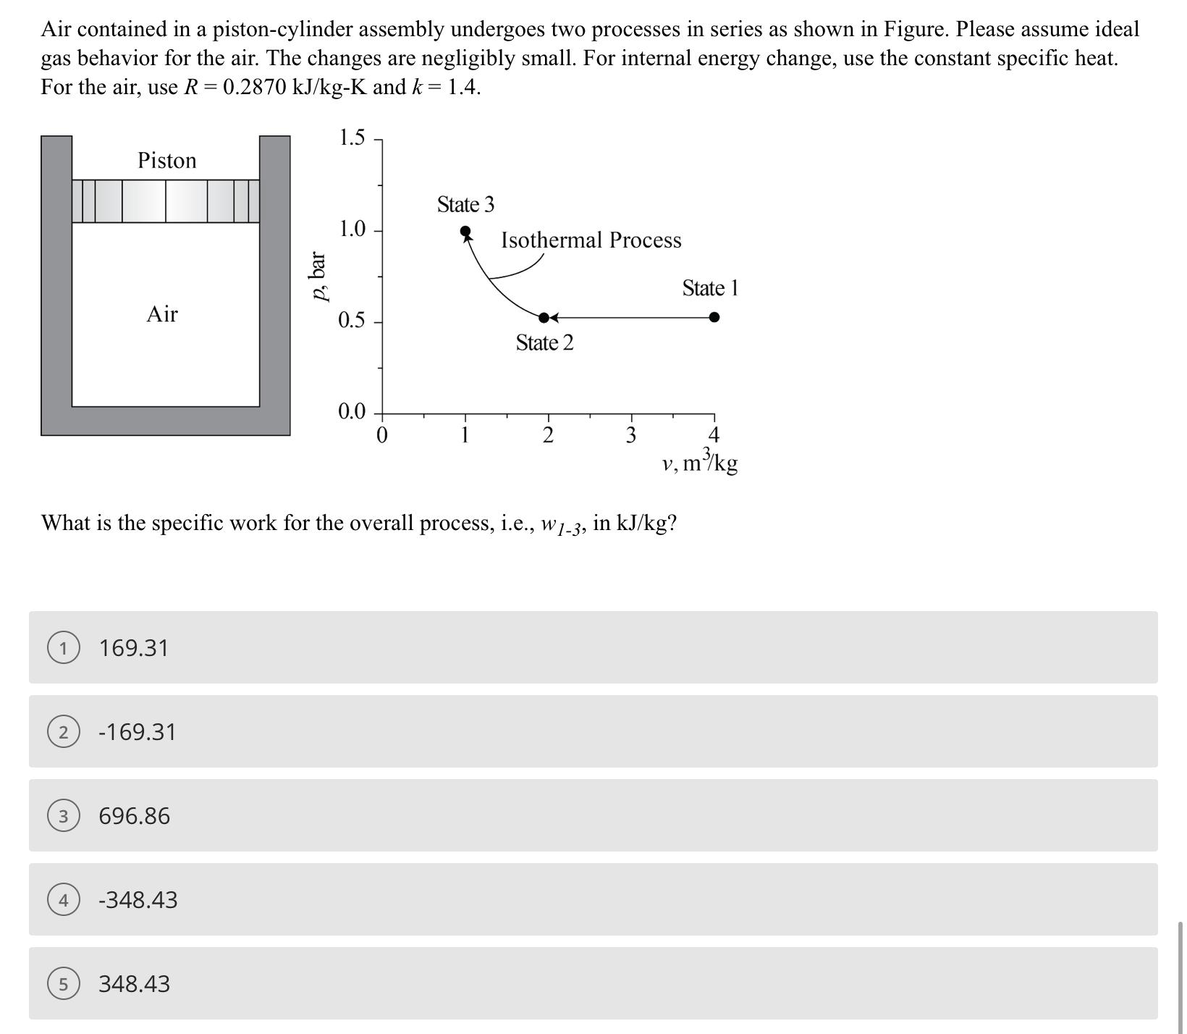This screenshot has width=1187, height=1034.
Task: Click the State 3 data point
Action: point(465,232)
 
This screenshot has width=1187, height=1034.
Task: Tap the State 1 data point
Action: point(714,317)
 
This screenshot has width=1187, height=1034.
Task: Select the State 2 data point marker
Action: point(544,318)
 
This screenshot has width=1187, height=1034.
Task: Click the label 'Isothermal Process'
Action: point(591,240)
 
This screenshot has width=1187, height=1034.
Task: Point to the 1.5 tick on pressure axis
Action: point(352,138)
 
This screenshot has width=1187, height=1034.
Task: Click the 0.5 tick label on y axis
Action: point(352,321)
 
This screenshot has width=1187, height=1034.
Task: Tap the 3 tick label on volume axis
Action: point(630,436)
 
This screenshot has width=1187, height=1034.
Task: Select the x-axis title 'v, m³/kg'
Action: point(699,461)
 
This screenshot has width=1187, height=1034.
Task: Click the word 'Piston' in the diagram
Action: point(167,161)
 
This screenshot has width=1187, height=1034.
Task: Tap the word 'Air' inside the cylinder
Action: point(162,314)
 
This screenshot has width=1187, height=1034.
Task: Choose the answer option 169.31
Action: point(134,648)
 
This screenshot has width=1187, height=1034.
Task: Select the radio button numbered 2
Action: point(63,732)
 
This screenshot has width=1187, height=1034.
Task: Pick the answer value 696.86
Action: point(135,816)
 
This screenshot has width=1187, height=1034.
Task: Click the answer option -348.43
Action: point(138,900)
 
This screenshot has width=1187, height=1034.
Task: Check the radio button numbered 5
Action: point(63,984)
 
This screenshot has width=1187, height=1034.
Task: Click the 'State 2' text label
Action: point(544,343)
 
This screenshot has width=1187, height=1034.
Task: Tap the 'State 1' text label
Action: point(709,289)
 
